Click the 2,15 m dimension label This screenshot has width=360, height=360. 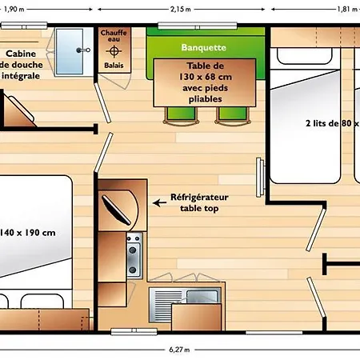[x=181, y=9]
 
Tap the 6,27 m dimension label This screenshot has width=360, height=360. [x=179, y=350]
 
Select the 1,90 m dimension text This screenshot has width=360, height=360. [x=14, y=9]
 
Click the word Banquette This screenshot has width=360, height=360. [x=204, y=47]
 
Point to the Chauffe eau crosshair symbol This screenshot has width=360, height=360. [x=114, y=51]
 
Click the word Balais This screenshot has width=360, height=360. [x=114, y=66]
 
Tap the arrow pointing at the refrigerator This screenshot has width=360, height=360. [x=159, y=202]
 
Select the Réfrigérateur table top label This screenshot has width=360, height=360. [x=199, y=202]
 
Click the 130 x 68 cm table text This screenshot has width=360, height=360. [x=206, y=77]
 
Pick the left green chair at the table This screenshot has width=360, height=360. [x=181, y=115]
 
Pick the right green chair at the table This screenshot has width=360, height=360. [x=233, y=115]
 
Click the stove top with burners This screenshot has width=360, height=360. [x=134, y=256]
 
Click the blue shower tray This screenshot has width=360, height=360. [x=70, y=51]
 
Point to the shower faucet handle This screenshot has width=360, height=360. [x=83, y=50]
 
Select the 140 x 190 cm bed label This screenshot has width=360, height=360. [x=27, y=233]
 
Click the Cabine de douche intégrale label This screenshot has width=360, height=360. [x=22, y=65]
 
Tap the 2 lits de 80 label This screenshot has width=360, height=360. [x=333, y=123]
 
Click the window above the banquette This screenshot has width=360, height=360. [x=198, y=26]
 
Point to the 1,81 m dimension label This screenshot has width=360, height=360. [x=347, y=9]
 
